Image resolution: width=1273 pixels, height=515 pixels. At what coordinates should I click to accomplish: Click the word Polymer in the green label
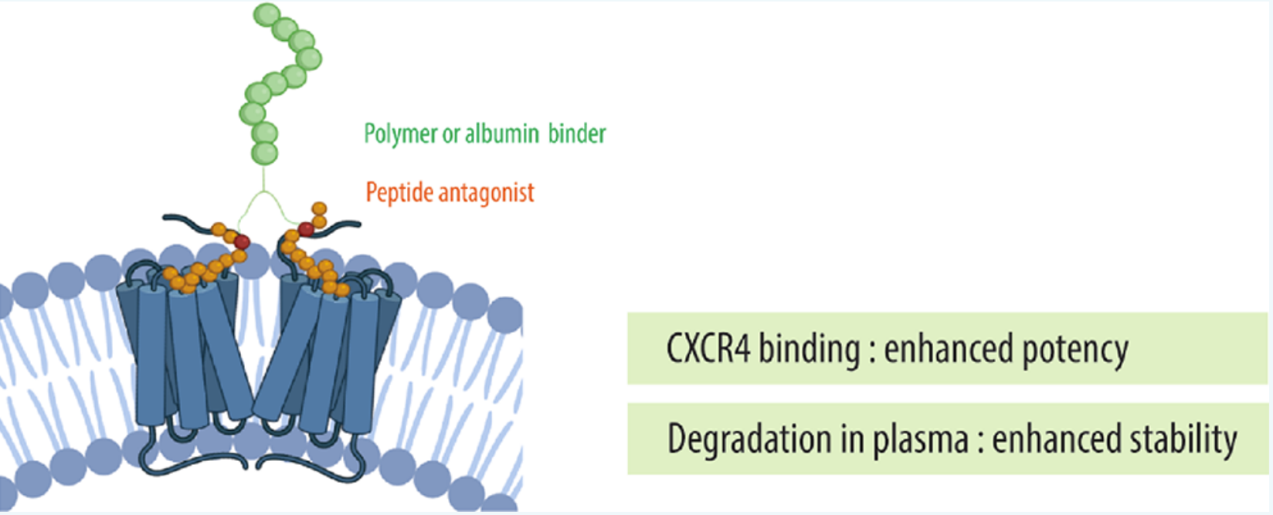point(401,134)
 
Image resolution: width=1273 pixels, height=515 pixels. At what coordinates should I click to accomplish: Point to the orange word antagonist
point(487,192)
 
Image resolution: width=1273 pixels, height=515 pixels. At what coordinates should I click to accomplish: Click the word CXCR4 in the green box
point(708,348)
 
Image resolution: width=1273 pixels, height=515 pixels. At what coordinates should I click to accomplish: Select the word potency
point(1075,350)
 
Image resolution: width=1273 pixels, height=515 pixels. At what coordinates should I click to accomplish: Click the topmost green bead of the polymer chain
point(266,15)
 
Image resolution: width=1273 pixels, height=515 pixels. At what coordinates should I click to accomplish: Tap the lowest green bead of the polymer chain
point(264,153)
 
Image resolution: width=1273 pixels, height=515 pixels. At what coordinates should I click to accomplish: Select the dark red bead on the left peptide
point(242,242)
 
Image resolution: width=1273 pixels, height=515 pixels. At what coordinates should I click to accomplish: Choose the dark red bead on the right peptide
point(306,229)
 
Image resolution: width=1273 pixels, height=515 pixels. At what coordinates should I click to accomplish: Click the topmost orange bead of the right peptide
point(319,208)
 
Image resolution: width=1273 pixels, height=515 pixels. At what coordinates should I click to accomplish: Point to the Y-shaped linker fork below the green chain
point(263,196)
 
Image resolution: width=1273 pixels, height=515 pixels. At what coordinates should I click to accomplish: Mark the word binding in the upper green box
point(810,349)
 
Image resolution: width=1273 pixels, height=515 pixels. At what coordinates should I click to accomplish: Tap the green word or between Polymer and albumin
point(451,135)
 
